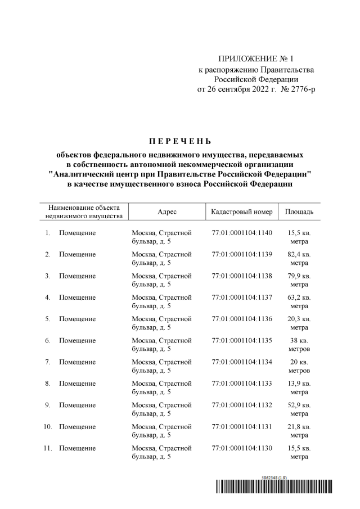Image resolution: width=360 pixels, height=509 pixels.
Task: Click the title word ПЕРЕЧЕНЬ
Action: [x=180, y=141]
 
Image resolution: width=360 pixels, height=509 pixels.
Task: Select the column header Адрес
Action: [x=167, y=211]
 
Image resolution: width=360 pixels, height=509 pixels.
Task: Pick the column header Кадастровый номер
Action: [x=242, y=211]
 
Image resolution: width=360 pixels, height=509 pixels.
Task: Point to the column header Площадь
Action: [x=299, y=211]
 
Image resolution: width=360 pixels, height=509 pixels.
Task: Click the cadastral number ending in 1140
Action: [x=242, y=233]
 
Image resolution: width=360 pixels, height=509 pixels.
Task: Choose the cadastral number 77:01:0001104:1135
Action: [x=242, y=341]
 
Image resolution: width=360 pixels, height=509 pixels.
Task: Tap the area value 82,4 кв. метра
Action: [x=299, y=259]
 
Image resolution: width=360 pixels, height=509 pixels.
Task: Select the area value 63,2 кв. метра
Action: [x=299, y=301]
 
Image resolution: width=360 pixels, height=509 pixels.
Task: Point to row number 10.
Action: [x=48, y=427]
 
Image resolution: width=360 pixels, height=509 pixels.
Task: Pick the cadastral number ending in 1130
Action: [x=242, y=448]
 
